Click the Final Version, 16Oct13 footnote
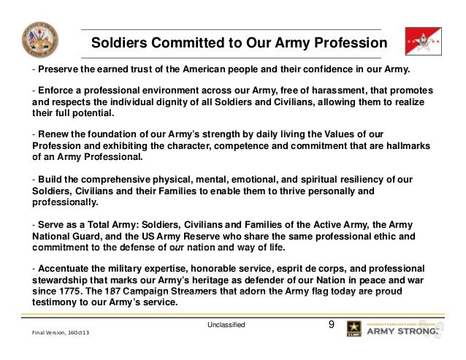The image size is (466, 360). [61, 333]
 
